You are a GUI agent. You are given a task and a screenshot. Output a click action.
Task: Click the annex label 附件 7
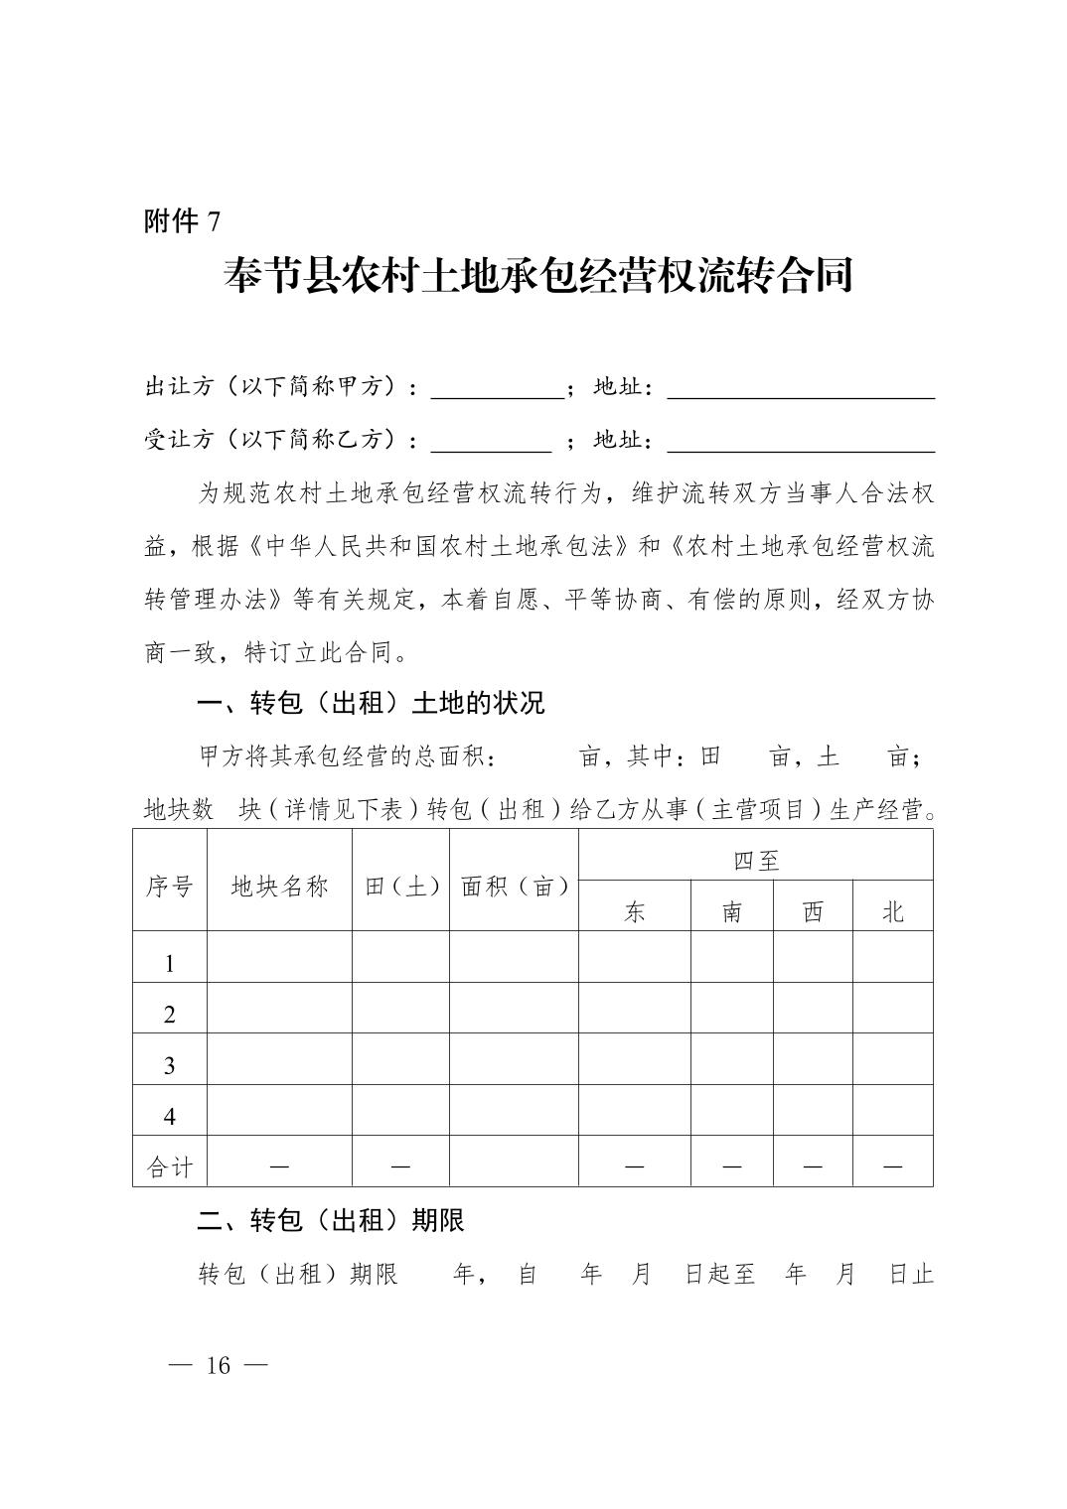click(x=183, y=221)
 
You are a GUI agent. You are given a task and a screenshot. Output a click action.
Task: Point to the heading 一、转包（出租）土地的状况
click(x=371, y=704)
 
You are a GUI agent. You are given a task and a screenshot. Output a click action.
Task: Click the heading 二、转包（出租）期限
click(x=331, y=1220)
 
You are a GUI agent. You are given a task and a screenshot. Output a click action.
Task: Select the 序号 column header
click(x=170, y=886)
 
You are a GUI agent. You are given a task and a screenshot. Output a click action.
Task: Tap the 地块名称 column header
click(x=279, y=886)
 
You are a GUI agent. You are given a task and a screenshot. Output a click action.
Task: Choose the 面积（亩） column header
click(x=515, y=886)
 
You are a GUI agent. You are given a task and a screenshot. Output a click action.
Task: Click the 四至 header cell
click(x=756, y=860)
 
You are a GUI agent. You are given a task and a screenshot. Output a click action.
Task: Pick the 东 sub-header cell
click(x=635, y=911)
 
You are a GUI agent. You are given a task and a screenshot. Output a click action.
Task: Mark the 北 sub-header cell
click(x=893, y=911)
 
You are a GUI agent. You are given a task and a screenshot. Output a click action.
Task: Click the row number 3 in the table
click(x=170, y=1065)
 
